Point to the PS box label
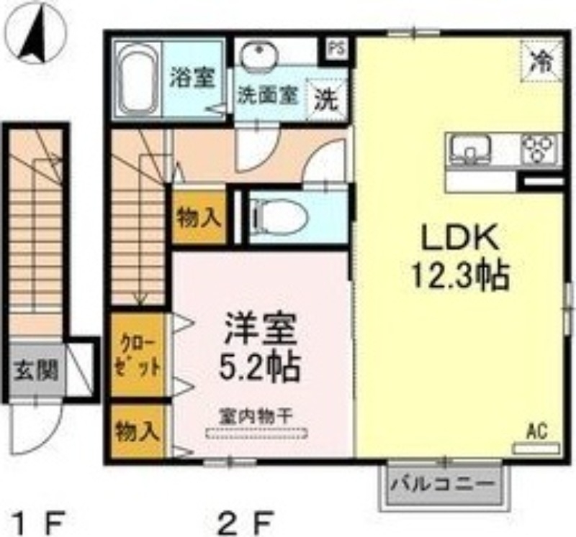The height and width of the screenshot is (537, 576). pyautogui.click(x=336, y=49)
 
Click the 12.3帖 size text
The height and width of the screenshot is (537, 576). pyautogui.click(x=461, y=275)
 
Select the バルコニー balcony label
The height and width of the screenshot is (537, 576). pyautogui.click(x=444, y=485)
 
